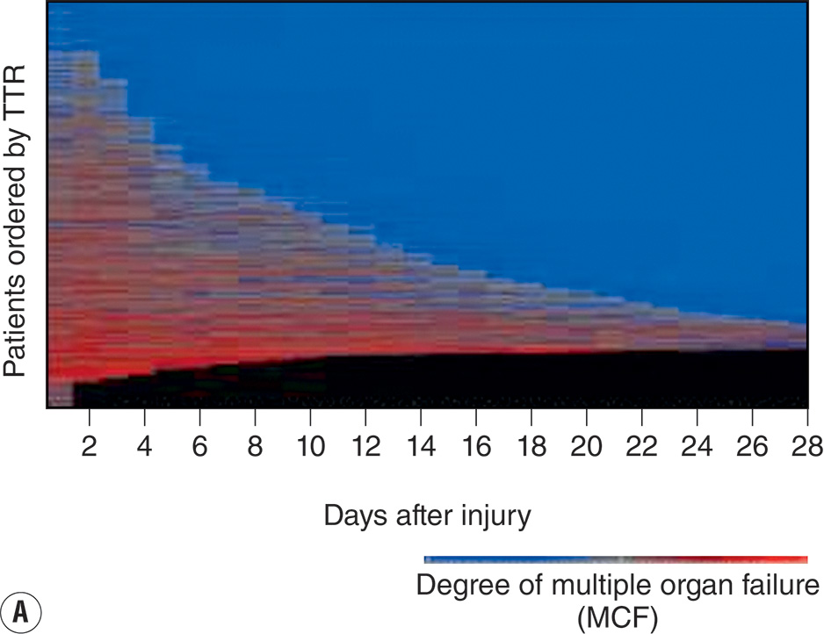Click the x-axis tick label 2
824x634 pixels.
point(89,445)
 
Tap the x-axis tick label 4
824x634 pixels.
point(145,445)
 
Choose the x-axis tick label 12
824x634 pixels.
point(365,445)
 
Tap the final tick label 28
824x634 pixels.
point(805,445)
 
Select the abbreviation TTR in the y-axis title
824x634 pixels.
point(17,104)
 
